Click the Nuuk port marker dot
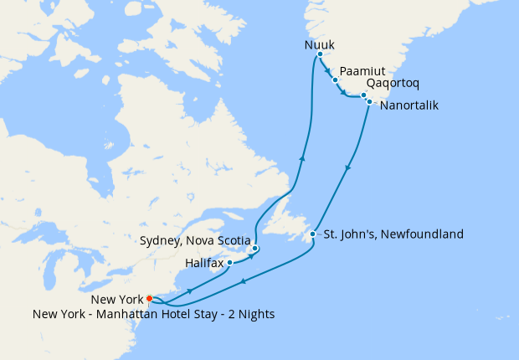pos(320,54)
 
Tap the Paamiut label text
pos(362,72)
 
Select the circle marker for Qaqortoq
pos(363,95)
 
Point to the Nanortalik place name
pos(408,105)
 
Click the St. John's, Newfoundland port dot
pos(312,234)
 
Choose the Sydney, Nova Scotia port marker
pos(254,249)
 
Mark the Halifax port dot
pos(229,263)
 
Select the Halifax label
pos(204,263)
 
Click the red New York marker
pos(149,298)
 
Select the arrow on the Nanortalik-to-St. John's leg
pos(347,169)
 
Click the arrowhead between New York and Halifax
pos(191,291)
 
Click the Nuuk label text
pos(318,42)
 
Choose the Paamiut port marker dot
pos(335,80)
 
